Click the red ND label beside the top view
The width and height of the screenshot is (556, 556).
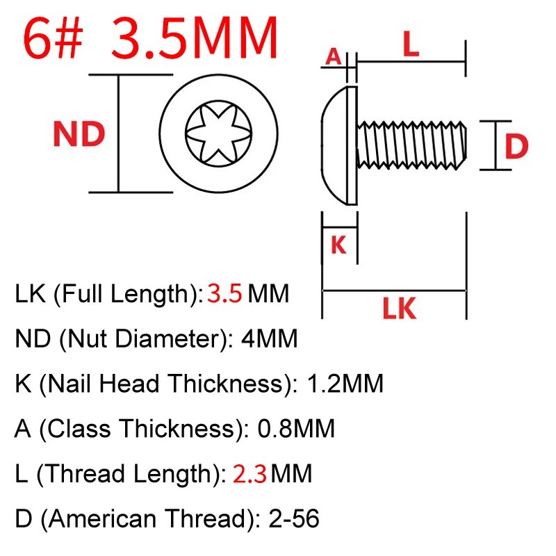(x=79, y=134)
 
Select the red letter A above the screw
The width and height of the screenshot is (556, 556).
(x=334, y=56)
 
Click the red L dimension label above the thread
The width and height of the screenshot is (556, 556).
(x=411, y=46)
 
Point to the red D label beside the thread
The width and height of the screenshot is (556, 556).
(x=516, y=147)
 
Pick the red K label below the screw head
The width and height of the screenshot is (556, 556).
(x=338, y=245)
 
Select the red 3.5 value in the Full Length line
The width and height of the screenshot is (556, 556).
(x=224, y=295)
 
